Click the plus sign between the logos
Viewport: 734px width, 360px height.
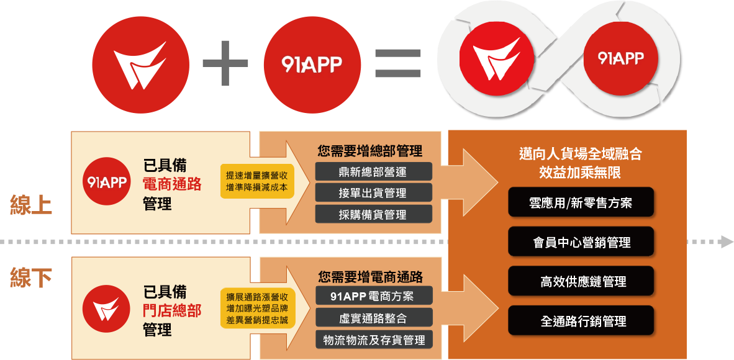(225, 63)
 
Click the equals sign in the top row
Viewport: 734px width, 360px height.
(398, 63)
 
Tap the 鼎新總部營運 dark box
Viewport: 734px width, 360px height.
(373, 171)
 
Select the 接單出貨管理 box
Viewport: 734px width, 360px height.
(373, 192)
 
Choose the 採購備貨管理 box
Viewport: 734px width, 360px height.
(373, 214)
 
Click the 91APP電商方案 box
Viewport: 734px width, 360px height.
(373, 295)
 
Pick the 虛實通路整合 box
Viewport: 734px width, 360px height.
(373, 318)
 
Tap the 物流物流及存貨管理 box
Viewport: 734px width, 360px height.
(373, 340)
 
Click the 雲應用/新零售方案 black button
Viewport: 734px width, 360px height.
(581, 202)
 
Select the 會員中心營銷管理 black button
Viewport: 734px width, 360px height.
(581, 242)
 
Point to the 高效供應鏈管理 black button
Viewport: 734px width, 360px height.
(581, 281)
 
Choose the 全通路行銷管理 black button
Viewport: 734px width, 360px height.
(581, 321)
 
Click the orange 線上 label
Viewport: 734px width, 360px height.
(31, 205)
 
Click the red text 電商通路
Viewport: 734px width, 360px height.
(172, 184)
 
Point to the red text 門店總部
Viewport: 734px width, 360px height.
(172, 310)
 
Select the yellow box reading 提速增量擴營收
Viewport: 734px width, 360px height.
(256, 181)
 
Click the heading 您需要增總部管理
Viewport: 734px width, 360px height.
(369, 151)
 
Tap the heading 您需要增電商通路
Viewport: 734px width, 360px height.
(370, 277)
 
